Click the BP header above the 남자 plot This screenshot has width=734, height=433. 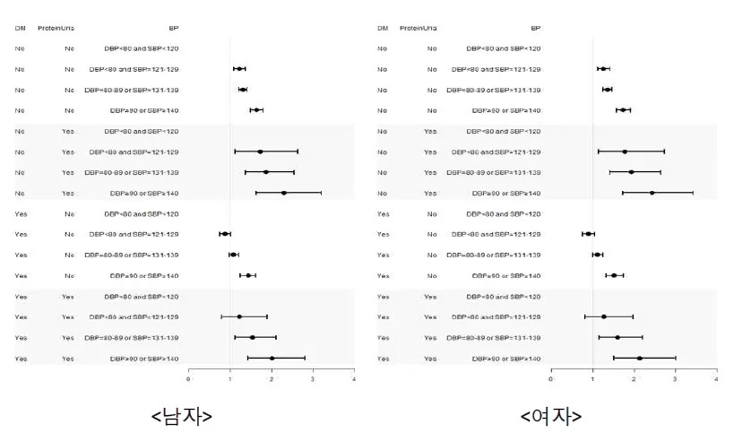point(173,29)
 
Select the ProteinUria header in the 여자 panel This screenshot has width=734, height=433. point(419,29)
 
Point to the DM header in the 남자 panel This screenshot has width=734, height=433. point(20,29)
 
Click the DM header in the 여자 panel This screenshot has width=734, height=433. point(383,29)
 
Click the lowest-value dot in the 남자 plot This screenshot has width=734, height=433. point(224,234)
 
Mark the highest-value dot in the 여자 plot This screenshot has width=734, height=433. point(652,193)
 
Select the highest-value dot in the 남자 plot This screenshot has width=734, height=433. point(284,193)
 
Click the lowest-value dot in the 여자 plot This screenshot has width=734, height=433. point(588,234)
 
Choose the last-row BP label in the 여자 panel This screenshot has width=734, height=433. point(506,359)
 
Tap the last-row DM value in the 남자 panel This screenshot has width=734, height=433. point(21,359)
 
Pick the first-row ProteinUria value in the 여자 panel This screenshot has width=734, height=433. point(432,48)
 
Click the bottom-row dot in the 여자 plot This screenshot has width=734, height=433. point(639,359)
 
